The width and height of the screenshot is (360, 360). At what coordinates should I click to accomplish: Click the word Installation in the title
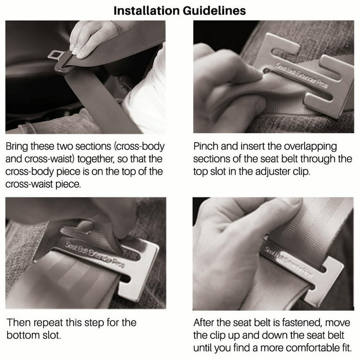click(x=146, y=10)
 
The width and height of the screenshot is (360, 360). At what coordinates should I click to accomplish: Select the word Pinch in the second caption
click(x=207, y=147)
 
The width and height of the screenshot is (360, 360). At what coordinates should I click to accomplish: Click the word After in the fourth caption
click(x=206, y=322)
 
